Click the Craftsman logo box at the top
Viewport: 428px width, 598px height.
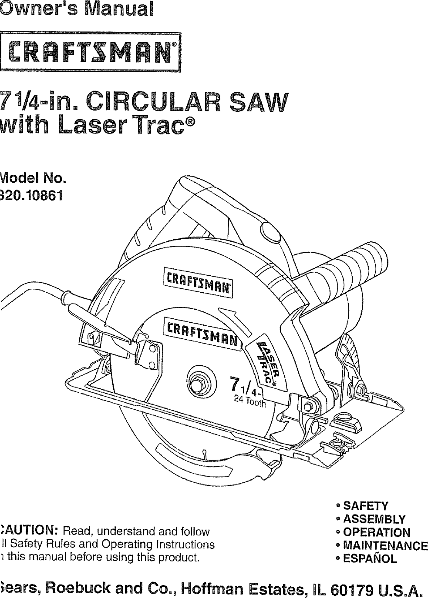tap(90, 52)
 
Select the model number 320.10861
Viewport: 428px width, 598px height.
tap(31, 196)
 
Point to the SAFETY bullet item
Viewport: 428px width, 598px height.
tap(365, 506)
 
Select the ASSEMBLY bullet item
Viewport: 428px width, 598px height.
tap(374, 519)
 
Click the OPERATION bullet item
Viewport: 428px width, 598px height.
tap(377, 532)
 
